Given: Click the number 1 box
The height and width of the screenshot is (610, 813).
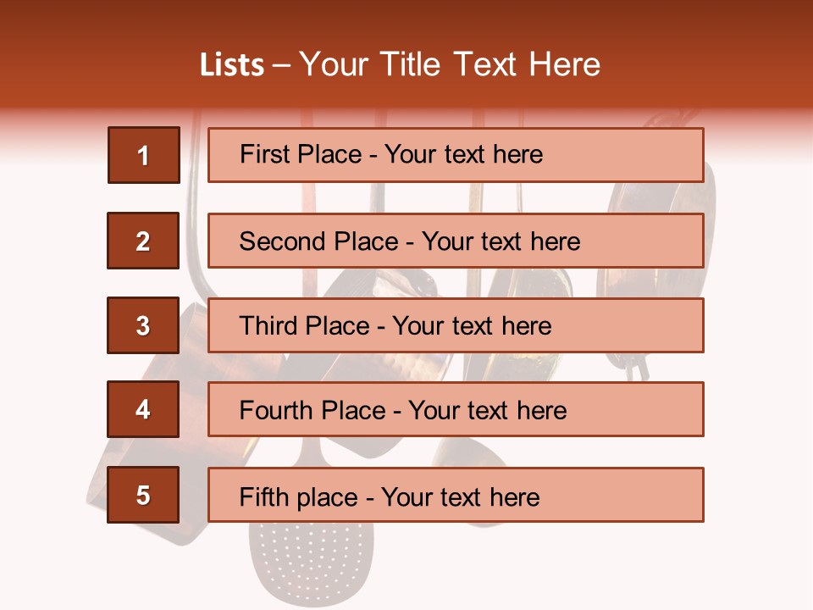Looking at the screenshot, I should pyautogui.click(x=144, y=155).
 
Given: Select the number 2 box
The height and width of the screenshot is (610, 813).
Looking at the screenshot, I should pyautogui.click(x=143, y=241).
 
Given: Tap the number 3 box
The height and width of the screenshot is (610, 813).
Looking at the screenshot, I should pyautogui.click(x=143, y=325).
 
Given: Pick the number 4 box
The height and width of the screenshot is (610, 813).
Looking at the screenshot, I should pyautogui.click(x=143, y=410).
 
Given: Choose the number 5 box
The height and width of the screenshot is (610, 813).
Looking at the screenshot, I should pyautogui.click(x=143, y=495).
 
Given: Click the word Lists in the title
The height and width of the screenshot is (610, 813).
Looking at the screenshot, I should pyautogui.click(x=232, y=65).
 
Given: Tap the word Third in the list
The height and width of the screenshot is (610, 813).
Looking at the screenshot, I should pyautogui.click(x=271, y=326).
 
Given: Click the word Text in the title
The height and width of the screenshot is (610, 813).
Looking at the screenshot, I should pyautogui.click(x=487, y=65).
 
